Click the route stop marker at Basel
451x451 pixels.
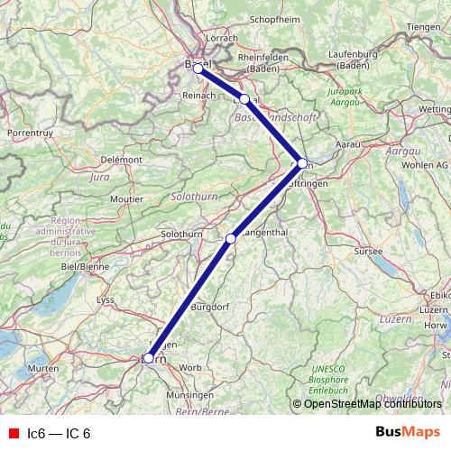[x=198, y=69]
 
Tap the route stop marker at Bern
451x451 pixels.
[x=148, y=358]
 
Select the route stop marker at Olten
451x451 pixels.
[x=302, y=163]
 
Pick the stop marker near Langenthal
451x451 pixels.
[x=231, y=238]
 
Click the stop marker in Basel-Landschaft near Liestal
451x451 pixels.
[x=244, y=98]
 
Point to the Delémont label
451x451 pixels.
[x=122, y=160]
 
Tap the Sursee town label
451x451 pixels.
[x=371, y=250]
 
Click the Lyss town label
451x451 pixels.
[x=106, y=299]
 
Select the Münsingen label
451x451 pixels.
[x=189, y=395]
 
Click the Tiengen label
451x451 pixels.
[x=426, y=27]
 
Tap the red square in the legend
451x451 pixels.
[x=12, y=433]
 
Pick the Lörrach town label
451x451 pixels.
[x=221, y=38]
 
